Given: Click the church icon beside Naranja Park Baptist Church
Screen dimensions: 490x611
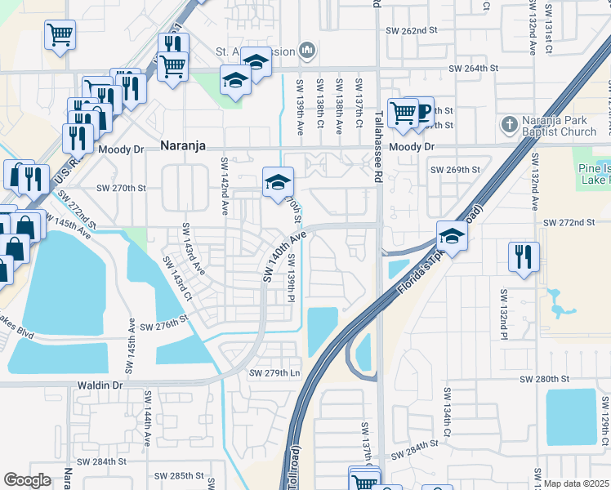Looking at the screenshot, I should pos(509,124).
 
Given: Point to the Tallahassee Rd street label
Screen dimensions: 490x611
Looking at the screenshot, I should pos(379,148).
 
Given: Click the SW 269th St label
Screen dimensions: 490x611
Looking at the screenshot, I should pos(455,170).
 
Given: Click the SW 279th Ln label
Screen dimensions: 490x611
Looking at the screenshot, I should pos(274,373).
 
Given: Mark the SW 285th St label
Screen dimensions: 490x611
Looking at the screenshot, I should pos(177,475).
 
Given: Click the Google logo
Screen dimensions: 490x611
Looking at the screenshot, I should pos(27,480).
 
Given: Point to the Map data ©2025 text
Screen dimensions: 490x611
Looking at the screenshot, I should pos(576,483).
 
